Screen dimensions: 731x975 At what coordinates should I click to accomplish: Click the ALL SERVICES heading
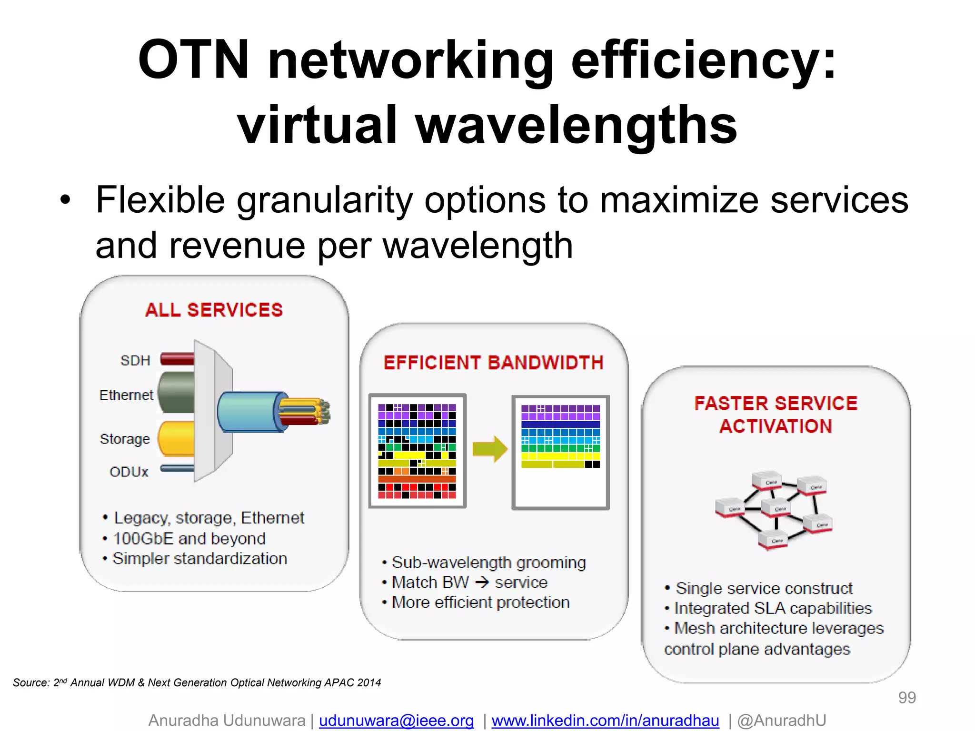pyautogui.click(x=214, y=310)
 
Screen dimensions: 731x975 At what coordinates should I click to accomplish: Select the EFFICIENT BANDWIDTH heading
pyautogui.click(x=494, y=363)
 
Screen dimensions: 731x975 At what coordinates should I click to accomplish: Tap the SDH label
pyautogui.click(x=135, y=360)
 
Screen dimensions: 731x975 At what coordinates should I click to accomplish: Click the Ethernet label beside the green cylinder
pyautogui.click(x=126, y=395)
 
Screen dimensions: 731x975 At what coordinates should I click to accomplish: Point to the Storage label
pyautogui.click(x=125, y=439)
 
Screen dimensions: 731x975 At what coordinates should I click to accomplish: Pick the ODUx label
pyautogui.click(x=129, y=472)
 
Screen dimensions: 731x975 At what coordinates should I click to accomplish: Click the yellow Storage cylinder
pyautogui.click(x=177, y=438)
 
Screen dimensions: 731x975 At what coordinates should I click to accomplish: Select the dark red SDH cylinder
pyautogui.click(x=178, y=359)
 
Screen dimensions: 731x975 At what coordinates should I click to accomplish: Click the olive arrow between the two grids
pyautogui.click(x=489, y=449)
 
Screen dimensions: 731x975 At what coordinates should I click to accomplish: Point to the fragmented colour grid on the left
pyautogui.click(x=417, y=451)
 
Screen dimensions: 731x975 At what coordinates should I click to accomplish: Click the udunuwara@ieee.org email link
pyautogui.click(x=396, y=721)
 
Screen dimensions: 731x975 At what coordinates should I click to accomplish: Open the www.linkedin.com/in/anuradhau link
pyautogui.click(x=605, y=721)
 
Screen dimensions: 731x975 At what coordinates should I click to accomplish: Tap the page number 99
pyautogui.click(x=906, y=697)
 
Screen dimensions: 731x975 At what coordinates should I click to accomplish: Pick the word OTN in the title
pyautogui.click(x=193, y=59)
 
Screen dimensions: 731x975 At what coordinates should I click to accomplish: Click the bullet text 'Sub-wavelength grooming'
pyautogui.click(x=488, y=563)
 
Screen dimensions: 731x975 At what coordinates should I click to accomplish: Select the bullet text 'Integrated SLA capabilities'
pyautogui.click(x=773, y=608)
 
